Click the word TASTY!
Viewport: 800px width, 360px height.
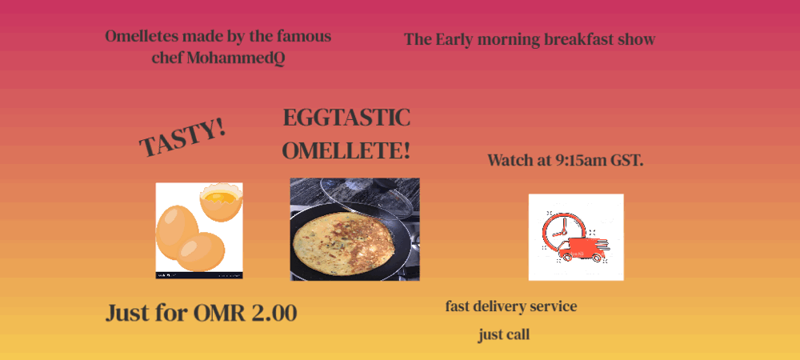pos(182,138)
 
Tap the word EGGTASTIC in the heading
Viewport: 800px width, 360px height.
pos(346,118)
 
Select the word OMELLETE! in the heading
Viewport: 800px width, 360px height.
pos(346,151)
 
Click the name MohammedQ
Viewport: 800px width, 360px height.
pos(236,58)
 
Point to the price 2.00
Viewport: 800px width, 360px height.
pos(274,313)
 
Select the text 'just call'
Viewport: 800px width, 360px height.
pos(503,335)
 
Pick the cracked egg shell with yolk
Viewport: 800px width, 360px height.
pos(221,202)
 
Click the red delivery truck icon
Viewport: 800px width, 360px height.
pos(581,249)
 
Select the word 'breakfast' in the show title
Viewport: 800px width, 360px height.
pos(578,39)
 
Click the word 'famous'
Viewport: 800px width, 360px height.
pos(304,37)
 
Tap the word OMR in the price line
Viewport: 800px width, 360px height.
pos(221,313)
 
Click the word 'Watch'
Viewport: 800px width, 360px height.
pos(509,160)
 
